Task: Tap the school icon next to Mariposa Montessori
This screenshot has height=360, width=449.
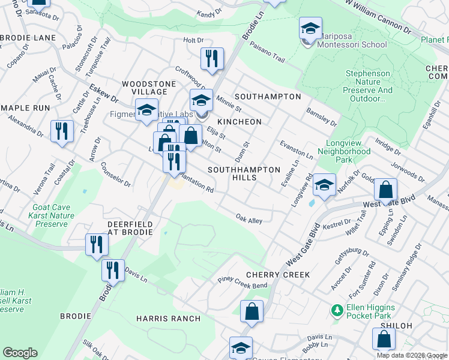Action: (x=310, y=29)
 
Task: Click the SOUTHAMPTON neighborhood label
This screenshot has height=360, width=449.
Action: (x=268, y=97)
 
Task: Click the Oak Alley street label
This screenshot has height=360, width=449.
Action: (x=249, y=220)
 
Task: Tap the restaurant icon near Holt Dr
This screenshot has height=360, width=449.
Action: (x=212, y=59)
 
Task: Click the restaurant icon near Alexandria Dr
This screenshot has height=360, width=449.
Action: (x=62, y=131)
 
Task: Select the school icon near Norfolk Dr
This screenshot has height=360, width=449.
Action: (x=324, y=185)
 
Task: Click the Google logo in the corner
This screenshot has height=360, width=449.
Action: (x=20, y=353)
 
